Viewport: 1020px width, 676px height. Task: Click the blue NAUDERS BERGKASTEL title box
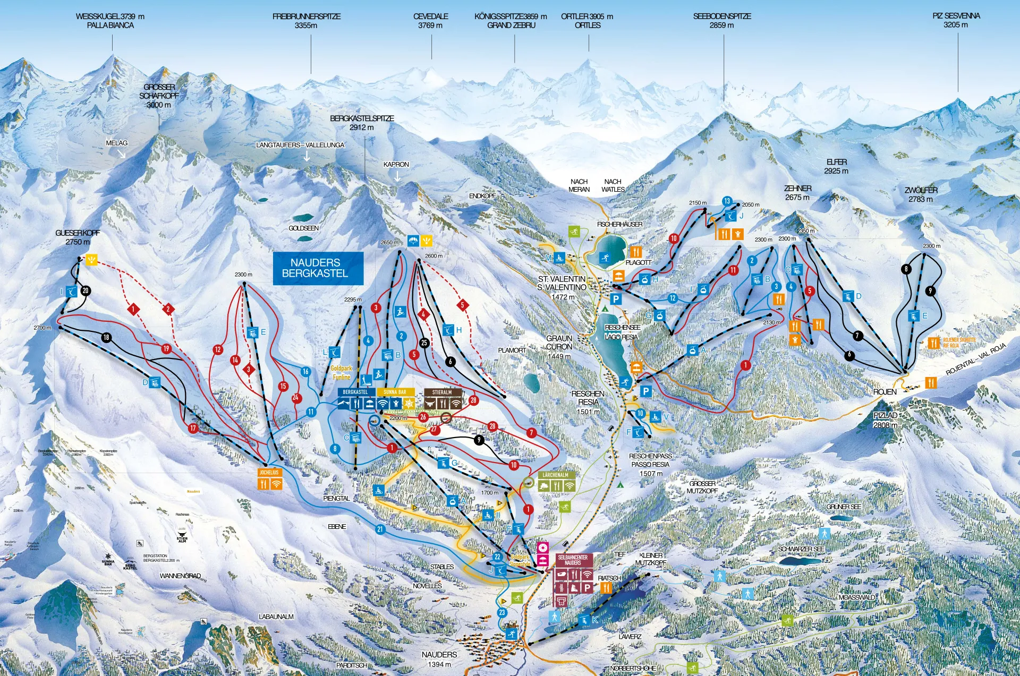(x=318, y=268)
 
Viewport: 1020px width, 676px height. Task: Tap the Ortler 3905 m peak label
(x=587, y=21)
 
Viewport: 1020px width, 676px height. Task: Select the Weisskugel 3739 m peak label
(x=110, y=21)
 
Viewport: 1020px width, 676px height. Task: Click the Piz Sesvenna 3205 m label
(x=956, y=20)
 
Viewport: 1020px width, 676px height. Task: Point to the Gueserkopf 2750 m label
(x=78, y=237)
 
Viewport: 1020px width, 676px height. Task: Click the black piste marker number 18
(x=106, y=337)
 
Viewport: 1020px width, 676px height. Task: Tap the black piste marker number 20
(x=86, y=290)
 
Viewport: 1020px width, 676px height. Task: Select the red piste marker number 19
(x=166, y=349)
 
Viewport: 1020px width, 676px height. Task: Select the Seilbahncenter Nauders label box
(x=573, y=560)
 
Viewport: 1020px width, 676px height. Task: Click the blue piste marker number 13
(x=727, y=201)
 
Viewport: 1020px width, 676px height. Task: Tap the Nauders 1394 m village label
(x=439, y=659)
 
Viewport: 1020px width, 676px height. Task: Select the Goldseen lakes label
(x=303, y=228)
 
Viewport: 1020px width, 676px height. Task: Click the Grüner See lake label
(x=844, y=507)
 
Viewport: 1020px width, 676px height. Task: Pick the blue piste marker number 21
(x=380, y=529)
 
